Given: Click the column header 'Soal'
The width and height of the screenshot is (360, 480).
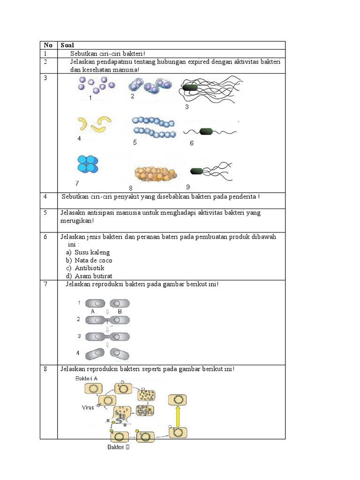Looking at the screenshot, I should click(67, 45).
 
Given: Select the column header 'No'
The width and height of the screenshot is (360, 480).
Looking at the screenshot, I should click(48, 45).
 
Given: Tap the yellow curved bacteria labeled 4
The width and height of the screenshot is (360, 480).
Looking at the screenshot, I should click(95, 124).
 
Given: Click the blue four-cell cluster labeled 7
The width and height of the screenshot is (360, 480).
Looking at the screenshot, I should click(88, 165).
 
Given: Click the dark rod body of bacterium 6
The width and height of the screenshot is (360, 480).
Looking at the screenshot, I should click(206, 131).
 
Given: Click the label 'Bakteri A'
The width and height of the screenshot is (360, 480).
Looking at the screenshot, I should click(85, 378).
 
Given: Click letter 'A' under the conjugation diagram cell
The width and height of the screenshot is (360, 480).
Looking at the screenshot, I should click(93, 311).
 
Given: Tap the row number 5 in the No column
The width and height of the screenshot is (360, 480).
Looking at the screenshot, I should click(45, 213).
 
